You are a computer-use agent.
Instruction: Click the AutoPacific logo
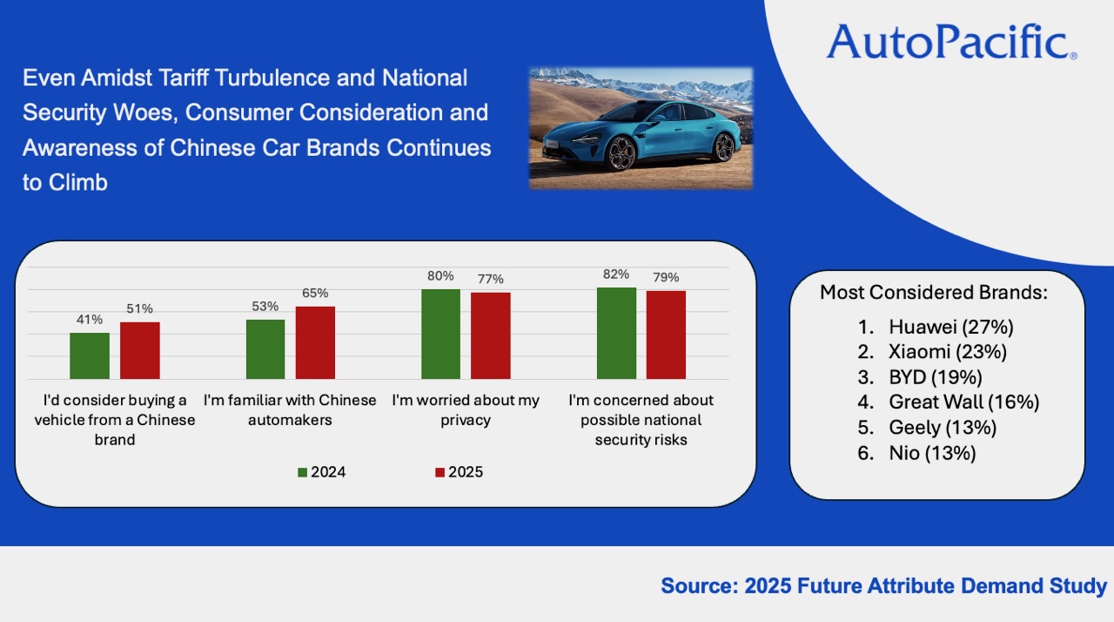click(951, 42)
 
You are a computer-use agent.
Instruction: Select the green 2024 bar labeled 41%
click(90, 355)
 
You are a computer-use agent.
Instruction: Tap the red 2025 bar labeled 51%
click(140, 350)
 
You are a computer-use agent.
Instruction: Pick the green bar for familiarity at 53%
click(265, 348)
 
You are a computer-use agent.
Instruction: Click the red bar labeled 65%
click(315, 342)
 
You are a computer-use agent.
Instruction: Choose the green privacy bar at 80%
click(440, 334)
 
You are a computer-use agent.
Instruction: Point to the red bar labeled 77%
click(491, 335)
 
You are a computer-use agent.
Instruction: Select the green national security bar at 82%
click(616, 333)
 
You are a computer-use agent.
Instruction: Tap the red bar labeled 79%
click(667, 335)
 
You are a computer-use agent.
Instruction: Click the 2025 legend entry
click(459, 472)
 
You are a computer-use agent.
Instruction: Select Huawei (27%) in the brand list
click(951, 327)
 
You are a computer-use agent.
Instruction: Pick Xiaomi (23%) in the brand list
click(948, 352)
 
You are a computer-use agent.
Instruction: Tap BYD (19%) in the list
click(936, 377)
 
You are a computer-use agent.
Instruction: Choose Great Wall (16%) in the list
click(963, 402)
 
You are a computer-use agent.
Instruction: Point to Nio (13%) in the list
click(932, 453)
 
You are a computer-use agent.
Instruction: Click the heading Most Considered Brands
click(933, 293)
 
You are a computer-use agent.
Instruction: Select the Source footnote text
click(883, 585)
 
